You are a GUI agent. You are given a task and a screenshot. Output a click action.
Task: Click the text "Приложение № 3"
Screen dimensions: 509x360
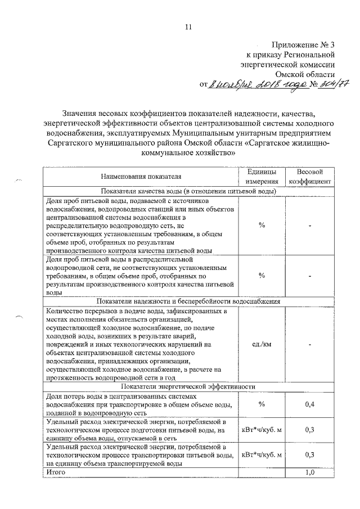coord(304,44)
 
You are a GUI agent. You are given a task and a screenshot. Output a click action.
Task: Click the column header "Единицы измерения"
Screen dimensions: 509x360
coord(262,177)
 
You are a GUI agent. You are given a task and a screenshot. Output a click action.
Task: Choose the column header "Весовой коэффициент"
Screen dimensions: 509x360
coord(309,177)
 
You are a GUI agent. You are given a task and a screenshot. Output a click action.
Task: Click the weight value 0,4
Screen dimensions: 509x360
coord(309,405)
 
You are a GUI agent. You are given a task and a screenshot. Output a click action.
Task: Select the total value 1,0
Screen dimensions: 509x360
coord(309,473)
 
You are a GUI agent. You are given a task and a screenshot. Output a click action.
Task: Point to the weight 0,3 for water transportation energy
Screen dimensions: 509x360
coord(309,455)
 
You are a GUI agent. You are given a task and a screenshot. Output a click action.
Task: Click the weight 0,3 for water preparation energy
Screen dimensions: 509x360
coord(309,430)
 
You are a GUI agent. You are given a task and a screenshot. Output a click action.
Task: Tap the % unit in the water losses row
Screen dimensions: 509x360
coord(262,405)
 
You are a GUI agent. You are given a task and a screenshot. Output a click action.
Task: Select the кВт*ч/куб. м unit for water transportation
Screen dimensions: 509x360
coord(262,455)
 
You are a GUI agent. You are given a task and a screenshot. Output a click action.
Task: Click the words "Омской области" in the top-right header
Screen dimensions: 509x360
coord(305,74)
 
